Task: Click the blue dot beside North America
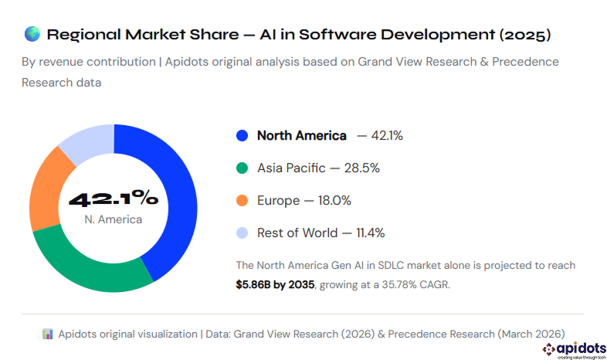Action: [x=242, y=136]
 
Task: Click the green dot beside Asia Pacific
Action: [x=242, y=168]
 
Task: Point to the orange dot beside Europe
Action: [x=242, y=201]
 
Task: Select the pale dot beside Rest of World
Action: [x=242, y=233]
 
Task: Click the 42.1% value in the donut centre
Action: [x=114, y=199]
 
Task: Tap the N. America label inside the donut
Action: [x=114, y=220]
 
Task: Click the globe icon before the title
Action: [x=32, y=34]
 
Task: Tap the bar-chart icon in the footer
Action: [x=48, y=334]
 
